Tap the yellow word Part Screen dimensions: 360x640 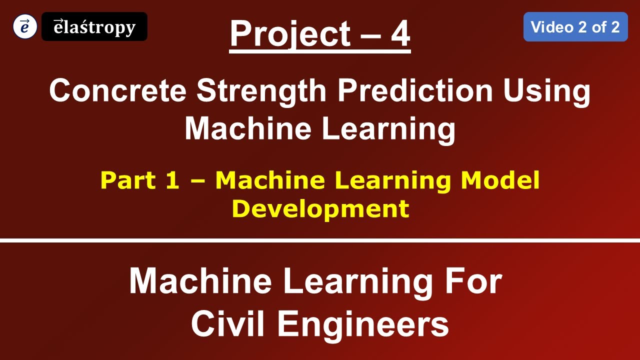coord(126,180)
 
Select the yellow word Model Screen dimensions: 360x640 coord(500,180)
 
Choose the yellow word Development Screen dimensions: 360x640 coord(320,208)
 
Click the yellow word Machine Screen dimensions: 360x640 coord(270,180)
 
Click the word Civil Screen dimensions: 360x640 coord(229,324)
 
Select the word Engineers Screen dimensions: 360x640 coord(363,324)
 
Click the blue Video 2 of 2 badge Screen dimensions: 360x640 coord(575,27)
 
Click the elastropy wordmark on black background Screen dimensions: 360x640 coord(94,27)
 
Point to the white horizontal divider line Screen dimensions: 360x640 coord(320,240)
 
